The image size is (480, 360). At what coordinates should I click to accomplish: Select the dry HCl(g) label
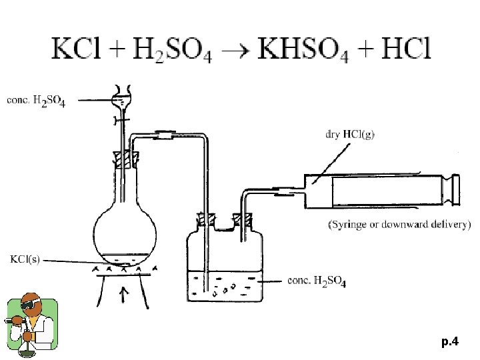coord(349,134)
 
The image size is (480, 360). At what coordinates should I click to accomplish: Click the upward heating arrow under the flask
coord(124,296)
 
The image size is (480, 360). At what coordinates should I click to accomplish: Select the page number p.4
coord(450,342)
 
